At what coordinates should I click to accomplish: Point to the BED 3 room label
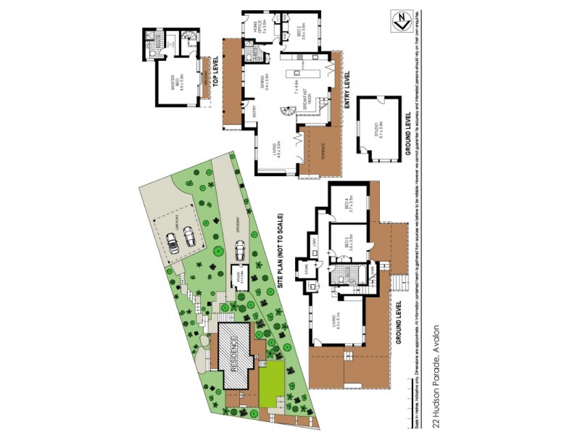[349, 244]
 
